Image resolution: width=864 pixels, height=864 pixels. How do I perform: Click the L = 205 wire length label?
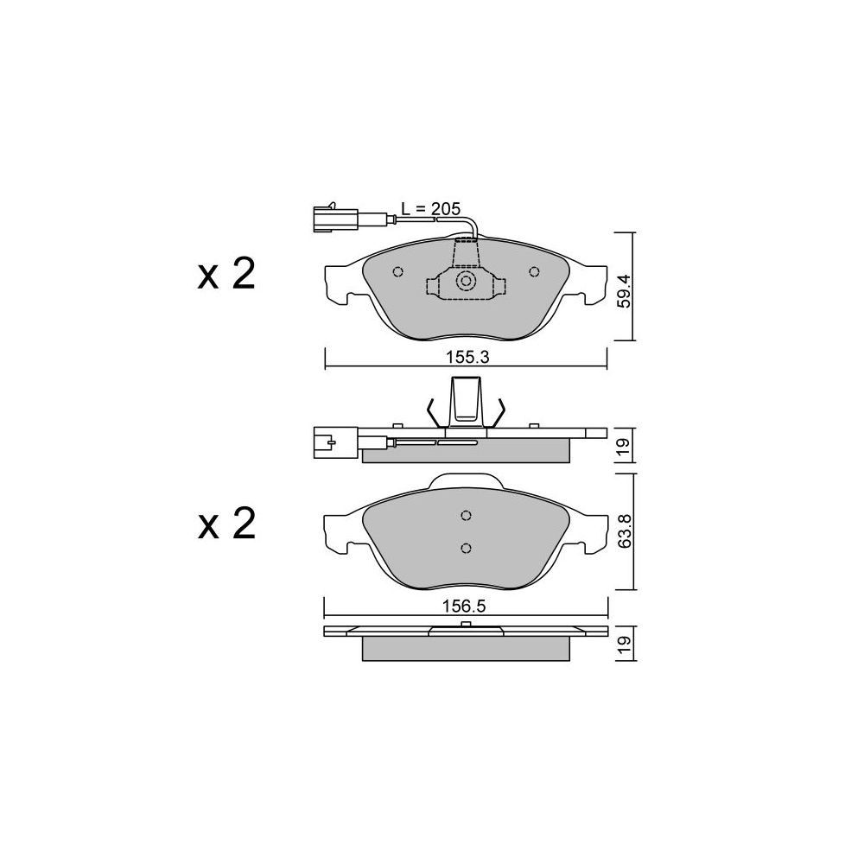point(430,209)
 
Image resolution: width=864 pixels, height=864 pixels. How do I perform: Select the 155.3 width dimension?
point(467,358)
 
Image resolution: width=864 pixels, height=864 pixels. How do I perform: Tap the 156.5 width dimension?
point(464,607)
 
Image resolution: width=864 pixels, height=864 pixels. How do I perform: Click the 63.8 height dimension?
point(623,530)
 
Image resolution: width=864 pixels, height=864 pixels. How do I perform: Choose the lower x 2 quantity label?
point(226,524)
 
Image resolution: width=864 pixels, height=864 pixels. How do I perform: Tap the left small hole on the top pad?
point(397,271)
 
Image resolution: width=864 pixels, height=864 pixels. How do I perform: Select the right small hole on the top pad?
point(533,271)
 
